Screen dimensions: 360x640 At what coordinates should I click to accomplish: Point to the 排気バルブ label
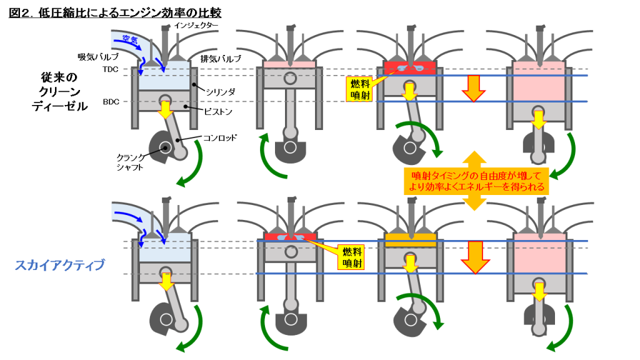[221, 58]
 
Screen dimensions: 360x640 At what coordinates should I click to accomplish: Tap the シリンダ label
[221, 91]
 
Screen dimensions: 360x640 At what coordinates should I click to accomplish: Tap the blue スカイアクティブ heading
[59, 265]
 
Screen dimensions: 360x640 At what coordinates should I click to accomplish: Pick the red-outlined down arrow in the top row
[473, 88]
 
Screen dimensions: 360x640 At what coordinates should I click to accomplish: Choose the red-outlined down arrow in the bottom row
[476, 256]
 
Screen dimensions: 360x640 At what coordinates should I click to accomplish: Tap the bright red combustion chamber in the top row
[409, 66]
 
